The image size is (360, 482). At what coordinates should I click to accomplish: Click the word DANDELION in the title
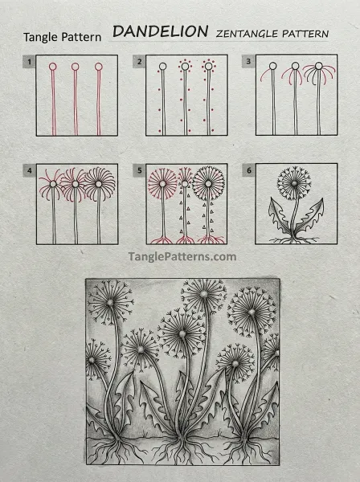point(161,31)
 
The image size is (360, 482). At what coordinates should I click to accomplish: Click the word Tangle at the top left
point(41,38)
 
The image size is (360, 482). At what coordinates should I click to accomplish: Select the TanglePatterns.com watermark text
point(182,256)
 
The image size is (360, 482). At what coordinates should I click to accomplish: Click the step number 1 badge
point(29,62)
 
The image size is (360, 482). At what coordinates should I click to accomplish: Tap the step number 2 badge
point(139,62)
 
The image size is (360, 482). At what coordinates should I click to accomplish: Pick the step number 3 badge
point(248,61)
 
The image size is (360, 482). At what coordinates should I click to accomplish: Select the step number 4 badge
point(29,170)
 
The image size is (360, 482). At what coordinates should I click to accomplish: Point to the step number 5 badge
point(139,170)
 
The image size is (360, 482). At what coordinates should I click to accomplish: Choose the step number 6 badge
point(249,170)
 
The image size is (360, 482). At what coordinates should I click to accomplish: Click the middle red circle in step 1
point(76,67)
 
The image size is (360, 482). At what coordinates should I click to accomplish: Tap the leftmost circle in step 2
point(163,67)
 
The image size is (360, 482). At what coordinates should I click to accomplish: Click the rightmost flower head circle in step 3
point(319,66)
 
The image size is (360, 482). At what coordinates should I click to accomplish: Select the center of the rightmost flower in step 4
point(99,184)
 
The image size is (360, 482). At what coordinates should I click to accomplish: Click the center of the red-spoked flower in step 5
point(162,184)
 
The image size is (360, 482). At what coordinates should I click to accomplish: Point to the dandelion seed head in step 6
point(294,183)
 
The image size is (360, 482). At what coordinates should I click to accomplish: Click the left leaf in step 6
point(279,216)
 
